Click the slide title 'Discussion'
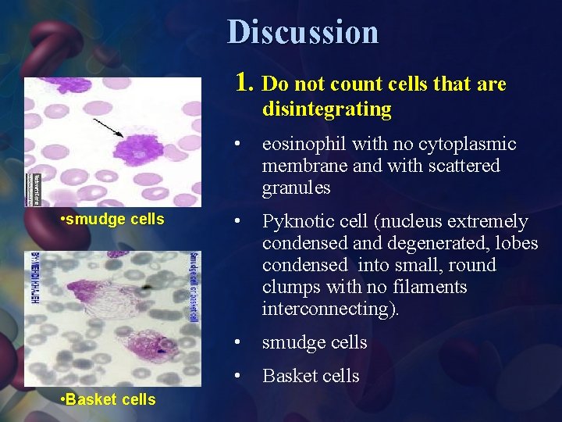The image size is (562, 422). pyautogui.click(x=303, y=32)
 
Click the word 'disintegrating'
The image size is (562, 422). pyautogui.click(x=326, y=109)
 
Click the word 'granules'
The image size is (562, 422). pyautogui.click(x=296, y=188)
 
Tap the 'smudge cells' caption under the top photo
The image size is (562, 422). pyautogui.click(x=112, y=219)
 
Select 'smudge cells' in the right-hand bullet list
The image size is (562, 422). pyautogui.click(x=315, y=342)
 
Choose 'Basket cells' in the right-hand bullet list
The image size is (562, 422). pyautogui.click(x=311, y=376)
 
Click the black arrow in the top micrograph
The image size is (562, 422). pyautogui.click(x=108, y=128)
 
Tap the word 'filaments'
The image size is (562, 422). pyautogui.click(x=432, y=287)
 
